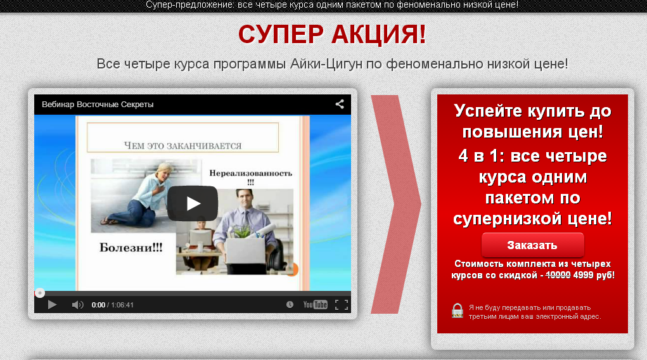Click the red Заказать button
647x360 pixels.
coord(532,245)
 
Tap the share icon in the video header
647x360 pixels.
coord(340,104)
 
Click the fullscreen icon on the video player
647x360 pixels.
coord(341,305)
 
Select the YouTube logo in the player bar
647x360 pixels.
coord(315,305)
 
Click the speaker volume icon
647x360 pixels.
coord(77,305)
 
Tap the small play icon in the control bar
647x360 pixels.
coord(52,305)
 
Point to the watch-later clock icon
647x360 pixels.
coord(290,305)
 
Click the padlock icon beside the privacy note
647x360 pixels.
coord(457,311)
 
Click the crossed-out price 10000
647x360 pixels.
coord(558,275)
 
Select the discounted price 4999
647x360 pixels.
coord(584,275)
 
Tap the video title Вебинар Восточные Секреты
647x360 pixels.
coord(98,105)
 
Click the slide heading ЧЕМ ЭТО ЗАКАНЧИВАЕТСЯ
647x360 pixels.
coord(183,146)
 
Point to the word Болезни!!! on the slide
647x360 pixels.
coord(131,247)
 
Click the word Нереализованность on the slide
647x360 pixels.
coord(250,174)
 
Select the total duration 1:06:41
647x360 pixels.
coord(122,305)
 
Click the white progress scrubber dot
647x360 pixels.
coord(40,293)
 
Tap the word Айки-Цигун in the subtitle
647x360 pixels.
coord(326,64)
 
